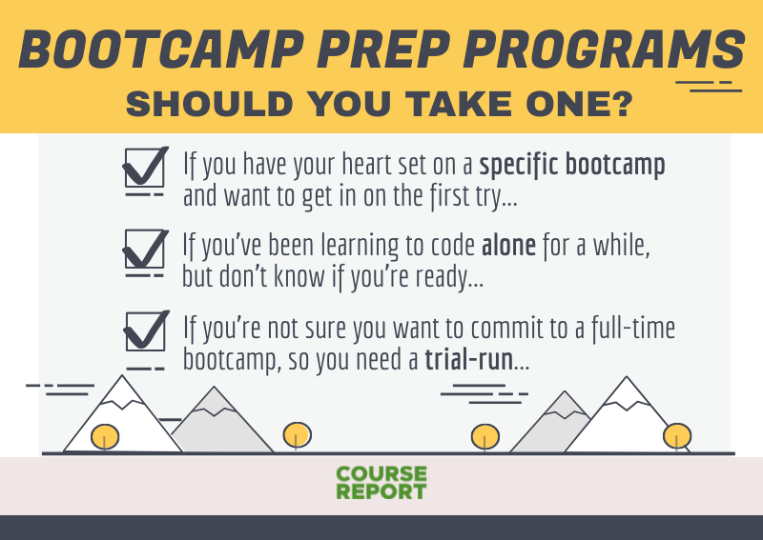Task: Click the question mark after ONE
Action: click(x=620, y=103)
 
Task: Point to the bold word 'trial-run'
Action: click(x=467, y=361)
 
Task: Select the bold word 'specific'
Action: click(x=519, y=165)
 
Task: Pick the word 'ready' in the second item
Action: click(x=459, y=278)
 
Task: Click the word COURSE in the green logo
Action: click(x=381, y=474)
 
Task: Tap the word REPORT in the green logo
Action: click(x=381, y=491)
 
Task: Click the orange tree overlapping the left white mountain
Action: click(x=105, y=436)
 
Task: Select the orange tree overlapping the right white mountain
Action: click(x=676, y=435)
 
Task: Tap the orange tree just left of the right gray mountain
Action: click(x=485, y=436)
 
